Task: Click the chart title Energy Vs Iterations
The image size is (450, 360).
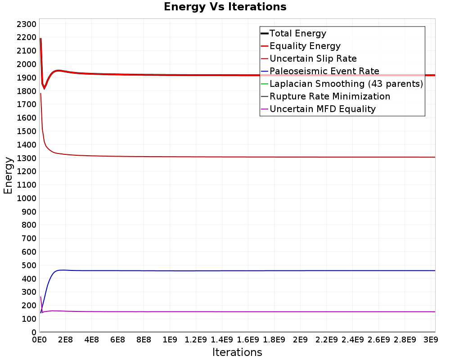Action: pyautogui.click(x=225, y=7)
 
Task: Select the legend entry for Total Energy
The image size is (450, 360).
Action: pyautogui.click(x=293, y=33)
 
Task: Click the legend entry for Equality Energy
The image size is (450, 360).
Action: pyautogui.click(x=301, y=46)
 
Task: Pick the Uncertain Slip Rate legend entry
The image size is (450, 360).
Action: pyautogui.click(x=309, y=58)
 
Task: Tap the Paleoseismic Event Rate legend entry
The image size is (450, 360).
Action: pyautogui.click(x=320, y=71)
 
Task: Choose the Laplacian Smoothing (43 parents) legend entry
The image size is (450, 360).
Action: pyautogui.click(x=342, y=84)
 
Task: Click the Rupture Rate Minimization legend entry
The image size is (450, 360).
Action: pyautogui.click(x=325, y=96)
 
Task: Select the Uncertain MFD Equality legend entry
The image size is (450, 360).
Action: pyautogui.click(x=318, y=109)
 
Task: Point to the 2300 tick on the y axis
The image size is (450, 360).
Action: pyautogui.click(x=27, y=24)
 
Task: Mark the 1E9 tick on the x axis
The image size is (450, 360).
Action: pyautogui.click(x=170, y=340)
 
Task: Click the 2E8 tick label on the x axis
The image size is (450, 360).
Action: pyautogui.click(x=65, y=340)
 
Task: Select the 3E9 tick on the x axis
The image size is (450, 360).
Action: pyautogui.click(x=431, y=340)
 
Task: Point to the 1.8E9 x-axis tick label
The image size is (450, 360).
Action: pyautogui.click(x=274, y=340)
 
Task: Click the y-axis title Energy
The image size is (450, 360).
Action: pyautogui.click(x=8, y=175)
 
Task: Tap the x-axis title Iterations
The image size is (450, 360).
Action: pyautogui.click(x=237, y=352)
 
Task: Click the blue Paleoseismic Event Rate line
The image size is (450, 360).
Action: pyautogui.click(x=238, y=271)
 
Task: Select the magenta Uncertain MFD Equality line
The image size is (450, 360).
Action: pyautogui.click(x=238, y=312)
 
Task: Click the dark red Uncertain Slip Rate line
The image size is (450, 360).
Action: pyautogui.click(x=238, y=157)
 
